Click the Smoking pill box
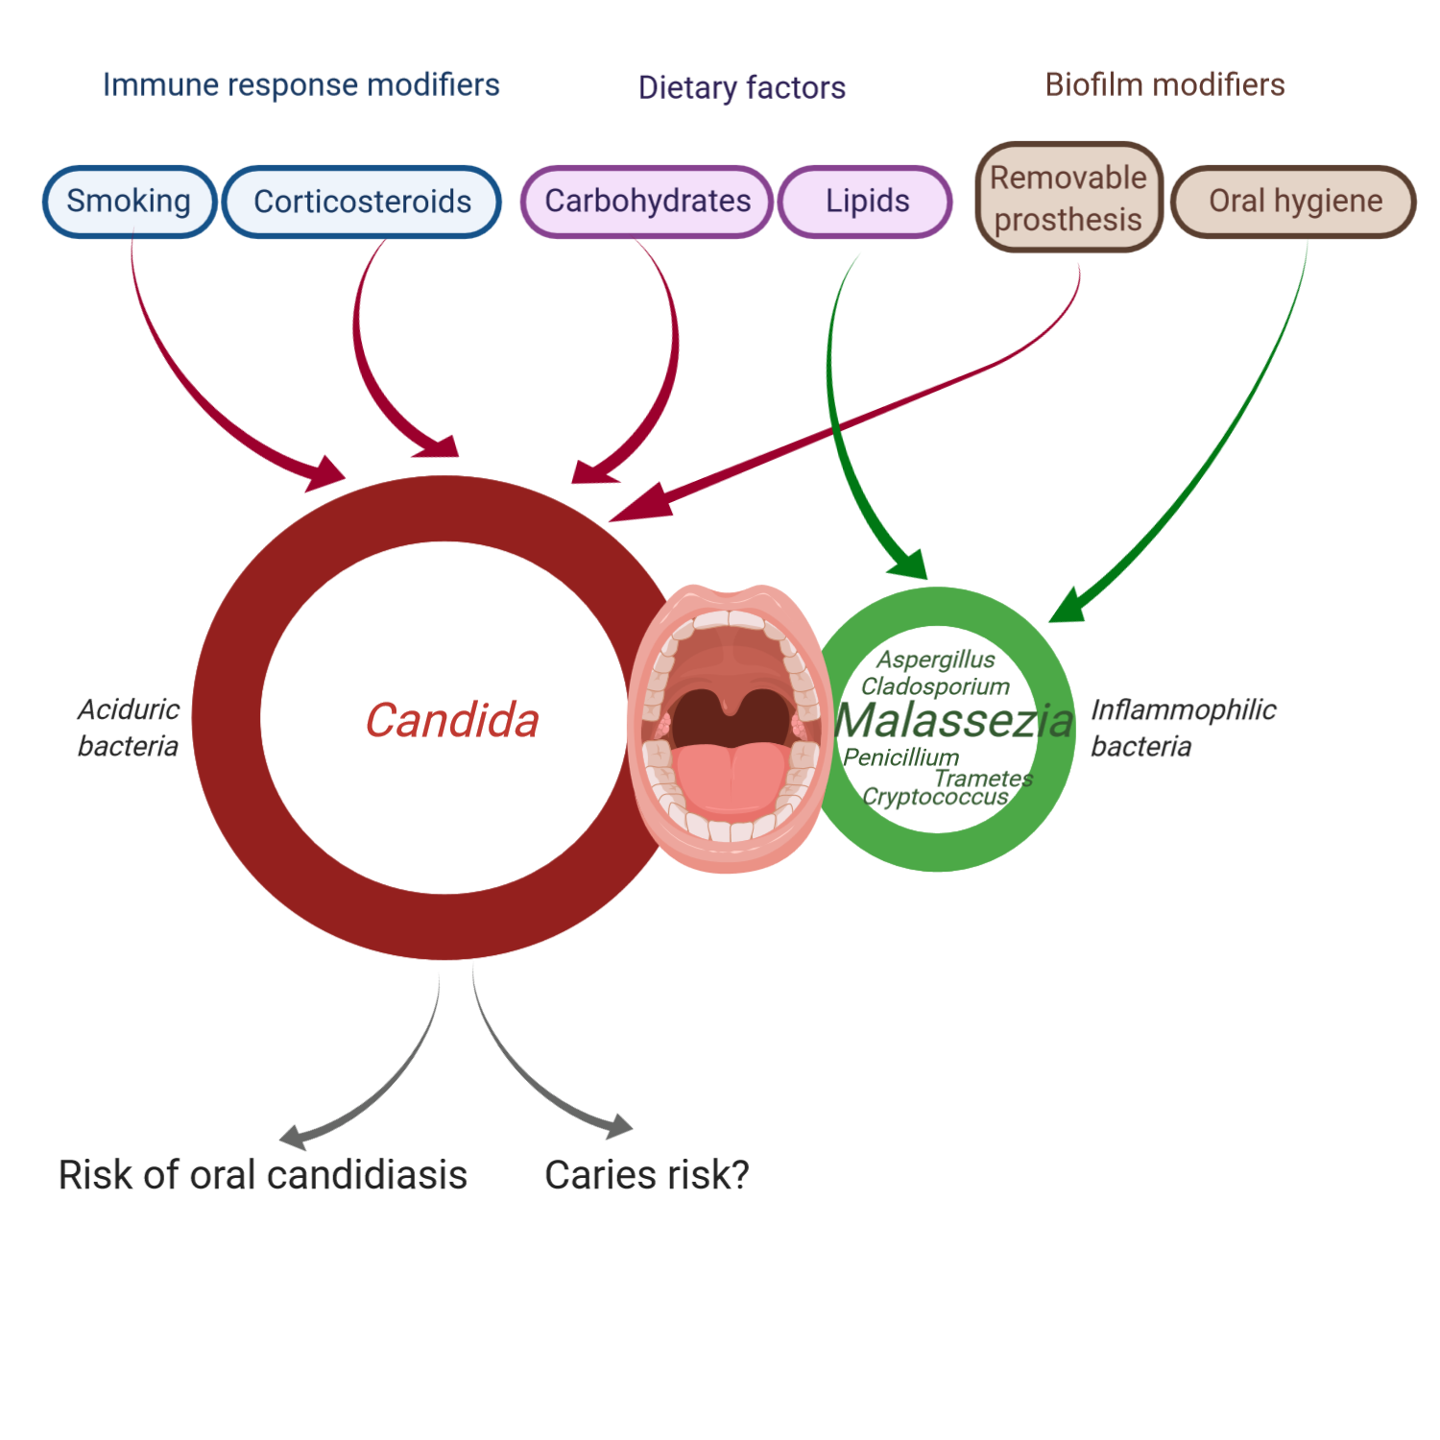point(130,202)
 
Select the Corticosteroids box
point(362,202)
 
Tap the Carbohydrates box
point(647,202)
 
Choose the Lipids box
point(866,202)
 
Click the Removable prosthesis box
point(1068,198)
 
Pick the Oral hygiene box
point(1294,202)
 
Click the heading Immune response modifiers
point(300,85)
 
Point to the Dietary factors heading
point(741,88)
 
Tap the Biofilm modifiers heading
point(1164,85)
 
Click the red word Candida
point(452,720)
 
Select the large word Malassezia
point(953,721)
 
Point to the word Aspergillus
point(936,660)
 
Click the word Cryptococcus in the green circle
point(935,797)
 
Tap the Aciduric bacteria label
point(129,728)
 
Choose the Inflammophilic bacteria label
point(1183,728)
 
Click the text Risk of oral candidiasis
point(262,1175)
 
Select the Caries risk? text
point(646,1175)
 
